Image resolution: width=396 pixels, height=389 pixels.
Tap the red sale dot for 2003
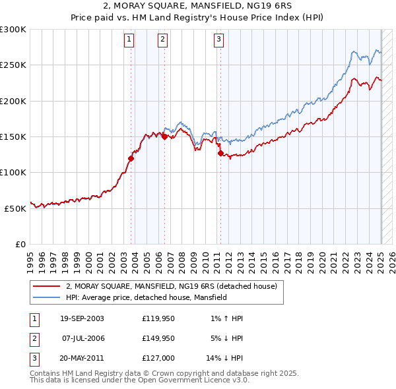131,158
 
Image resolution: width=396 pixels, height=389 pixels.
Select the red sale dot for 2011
220,154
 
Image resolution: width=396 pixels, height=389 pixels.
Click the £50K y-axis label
15,208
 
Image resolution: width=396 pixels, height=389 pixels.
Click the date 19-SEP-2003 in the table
82,318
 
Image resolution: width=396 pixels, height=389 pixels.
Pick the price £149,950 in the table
158,338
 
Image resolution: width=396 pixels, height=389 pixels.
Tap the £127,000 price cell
158,358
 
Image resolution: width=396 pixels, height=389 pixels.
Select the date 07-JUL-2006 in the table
82,338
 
